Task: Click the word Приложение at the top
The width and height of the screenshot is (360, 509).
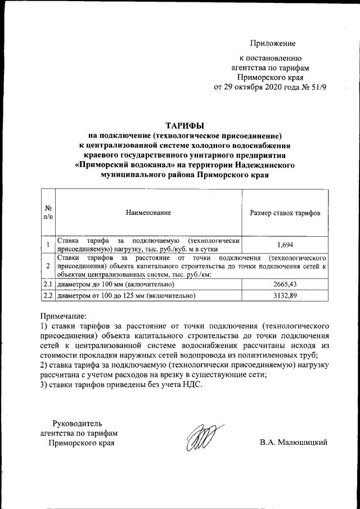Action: click(273, 43)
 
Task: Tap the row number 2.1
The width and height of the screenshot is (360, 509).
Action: click(48, 285)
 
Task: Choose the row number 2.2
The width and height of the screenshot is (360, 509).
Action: click(48, 295)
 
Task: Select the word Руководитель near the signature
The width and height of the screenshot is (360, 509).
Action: click(77, 423)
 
